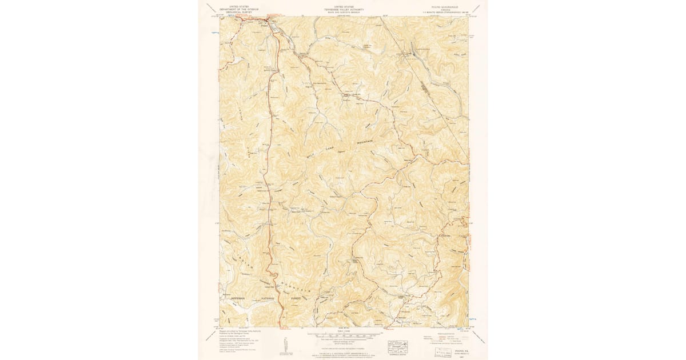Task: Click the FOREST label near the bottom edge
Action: (295, 298)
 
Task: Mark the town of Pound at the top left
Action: (264, 25)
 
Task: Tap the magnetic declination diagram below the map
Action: (285, 345)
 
